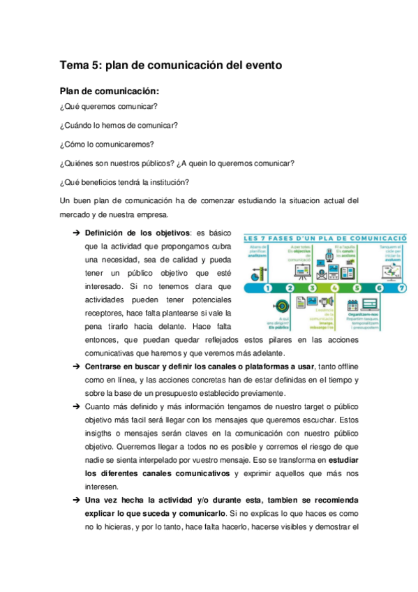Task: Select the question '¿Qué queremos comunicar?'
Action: pos(108,107)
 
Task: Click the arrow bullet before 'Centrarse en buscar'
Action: pos(75,367)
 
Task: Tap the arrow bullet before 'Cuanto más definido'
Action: pos(75,406)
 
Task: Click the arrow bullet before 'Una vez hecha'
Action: pos(75,501)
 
